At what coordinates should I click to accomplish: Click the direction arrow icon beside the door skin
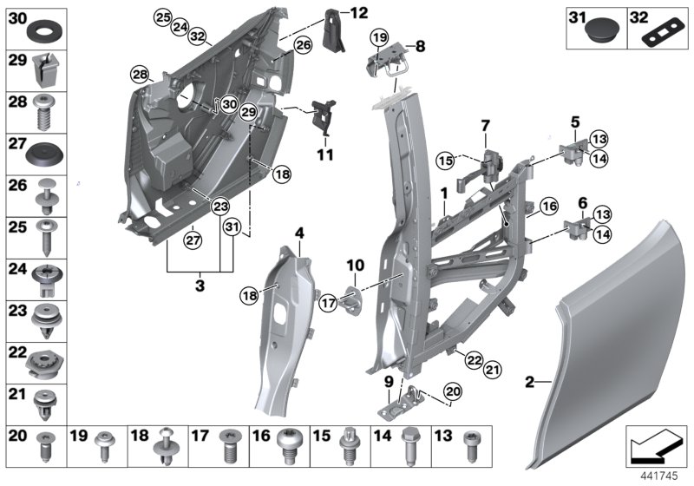tap(655, 445)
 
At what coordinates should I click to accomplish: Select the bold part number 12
tap(358, 12)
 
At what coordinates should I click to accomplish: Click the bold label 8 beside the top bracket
tap(421, 45)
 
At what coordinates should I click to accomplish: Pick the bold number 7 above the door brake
tap(486, 126)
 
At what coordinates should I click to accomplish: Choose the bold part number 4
tap(298, 232)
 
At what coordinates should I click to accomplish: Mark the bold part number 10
tap(355, 264)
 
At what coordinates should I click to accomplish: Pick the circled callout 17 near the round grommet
tap(329, 304)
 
